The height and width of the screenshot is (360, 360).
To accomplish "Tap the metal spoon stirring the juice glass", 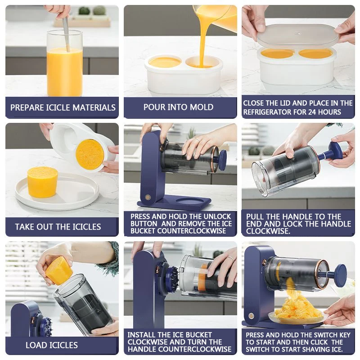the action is point(66,35).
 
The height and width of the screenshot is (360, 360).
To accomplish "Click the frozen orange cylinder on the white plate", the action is point(42,182).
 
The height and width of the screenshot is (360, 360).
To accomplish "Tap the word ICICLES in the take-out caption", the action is point(86,227).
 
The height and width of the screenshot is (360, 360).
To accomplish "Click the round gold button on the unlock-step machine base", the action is point(148,197).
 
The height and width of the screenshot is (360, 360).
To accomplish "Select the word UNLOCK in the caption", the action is point(217,216).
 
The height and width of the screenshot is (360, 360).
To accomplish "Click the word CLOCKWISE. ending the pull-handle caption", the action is point(268,231).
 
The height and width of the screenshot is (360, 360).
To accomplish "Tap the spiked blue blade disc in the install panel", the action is point(172,278).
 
